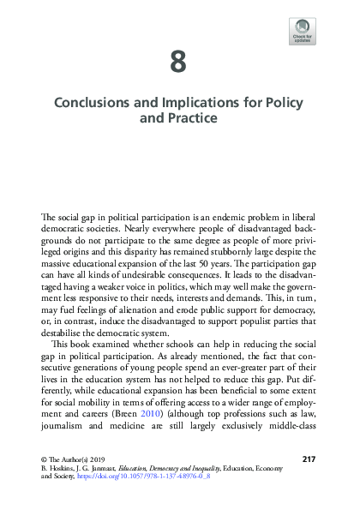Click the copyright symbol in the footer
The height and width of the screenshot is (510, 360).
pos(45,459)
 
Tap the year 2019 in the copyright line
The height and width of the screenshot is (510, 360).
pos(93,459)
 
